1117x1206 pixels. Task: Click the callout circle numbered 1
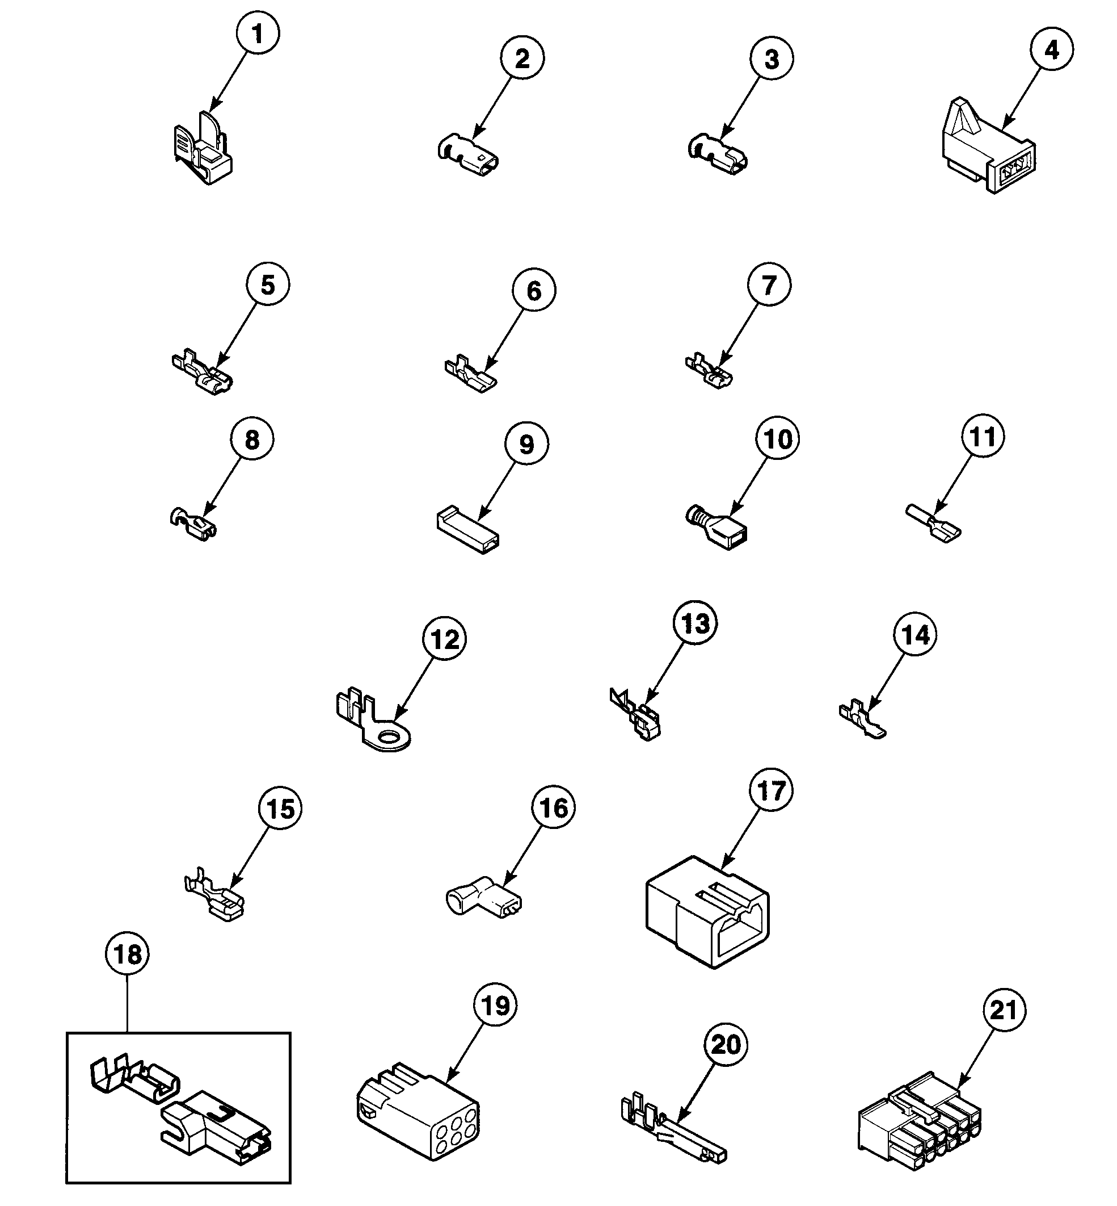(x=258, y=34)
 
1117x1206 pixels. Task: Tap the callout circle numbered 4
(x=1052, y=50)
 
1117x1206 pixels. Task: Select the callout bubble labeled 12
(x=445, y=639)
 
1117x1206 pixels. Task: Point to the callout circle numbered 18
(x=128, y=954)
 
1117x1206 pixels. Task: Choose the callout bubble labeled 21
(x=1004, y=1010)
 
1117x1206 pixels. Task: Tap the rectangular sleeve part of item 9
(x=467, y=530)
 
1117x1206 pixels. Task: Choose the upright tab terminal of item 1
(x=203, y=151)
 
